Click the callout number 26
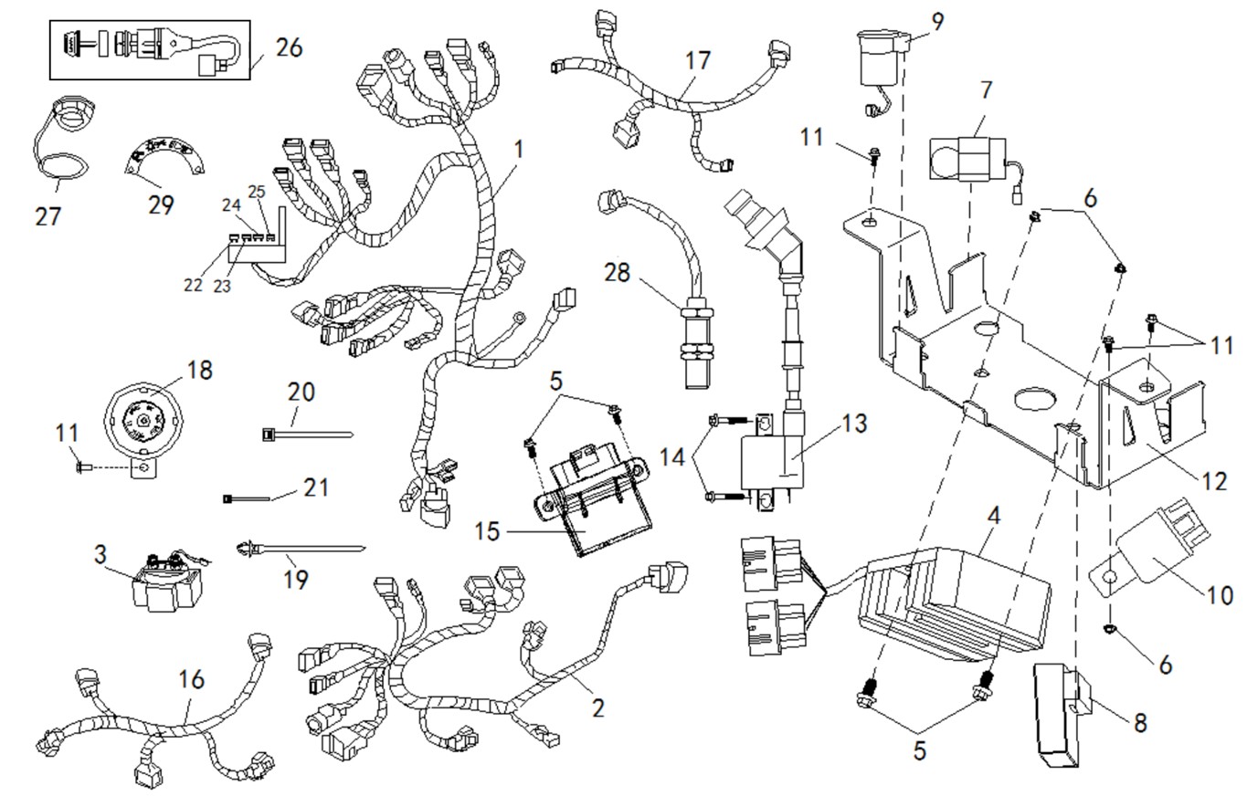pos(289,47)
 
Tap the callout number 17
pos(698,61)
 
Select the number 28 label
pos(618,272)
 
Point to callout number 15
pos(488,530)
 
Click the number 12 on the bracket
pos(1214,480)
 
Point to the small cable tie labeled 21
pos(247,498)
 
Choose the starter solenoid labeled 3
pos(165,586)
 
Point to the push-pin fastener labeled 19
pos(301,549)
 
